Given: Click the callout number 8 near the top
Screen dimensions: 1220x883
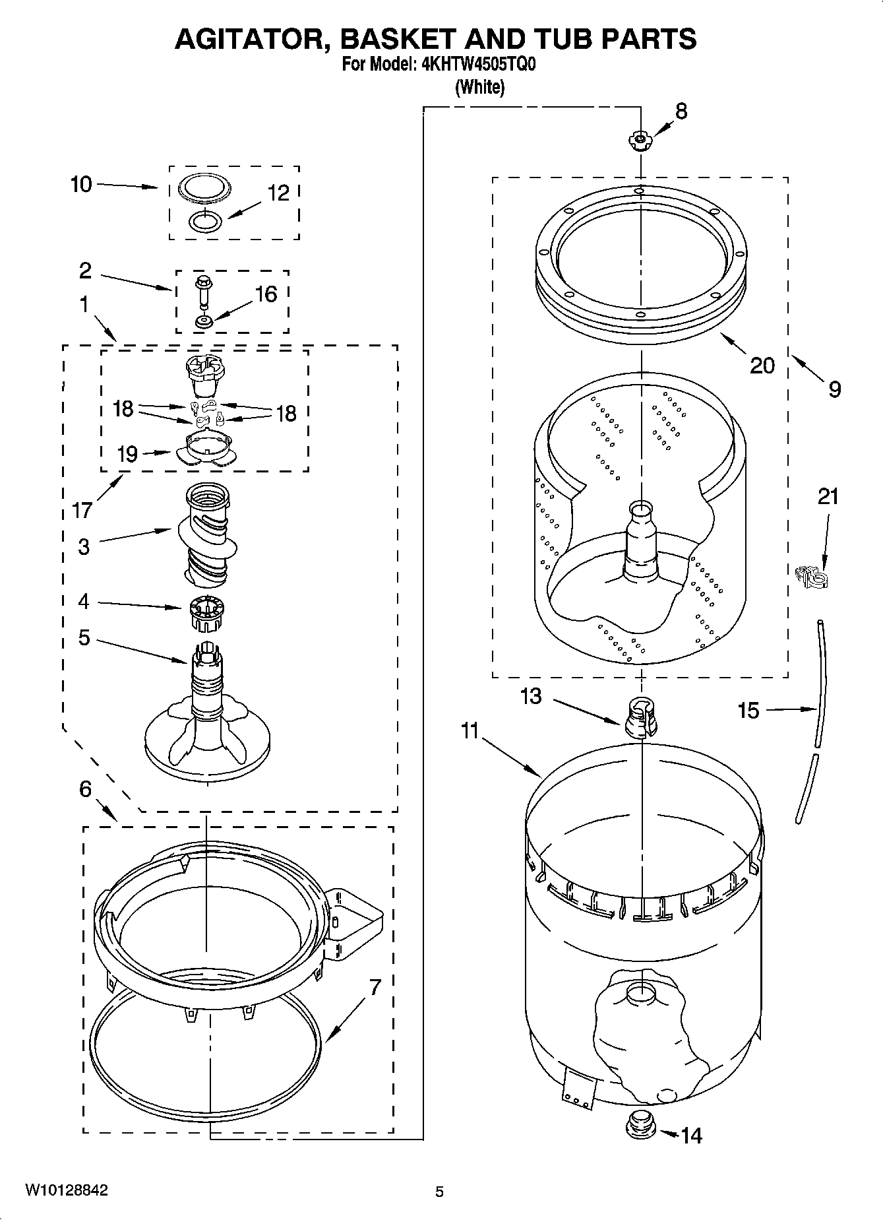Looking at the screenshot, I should pyautogui.click(x=681, y=111).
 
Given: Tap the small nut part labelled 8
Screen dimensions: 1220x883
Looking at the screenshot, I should pyautogui.click(x=638, y=140).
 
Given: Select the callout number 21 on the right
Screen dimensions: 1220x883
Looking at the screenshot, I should pyautogui.click(x=828, y=496).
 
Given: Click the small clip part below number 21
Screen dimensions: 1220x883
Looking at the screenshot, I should pyautogui.click(x=812, y=577).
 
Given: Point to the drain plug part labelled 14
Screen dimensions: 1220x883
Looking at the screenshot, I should pyautogui.click(x=638, y=1123).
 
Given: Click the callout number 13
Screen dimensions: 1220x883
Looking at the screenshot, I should pyautogui.click(x=531, y=696).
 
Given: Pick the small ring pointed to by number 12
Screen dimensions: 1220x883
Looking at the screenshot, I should pyautogui.click(x=205, y=222).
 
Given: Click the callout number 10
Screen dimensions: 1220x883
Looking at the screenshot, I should pyautogui.click(x=81, y=184).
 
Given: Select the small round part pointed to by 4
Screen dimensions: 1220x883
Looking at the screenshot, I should pyautogui.click(x=206, y=613).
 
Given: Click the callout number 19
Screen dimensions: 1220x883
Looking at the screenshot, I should pyautogui.click(x=127, y=454).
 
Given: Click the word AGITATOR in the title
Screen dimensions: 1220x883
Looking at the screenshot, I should pyautogui.click(x=252, y=39).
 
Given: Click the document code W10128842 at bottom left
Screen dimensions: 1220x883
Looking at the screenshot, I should pyautogui.click(x=66, y=1190).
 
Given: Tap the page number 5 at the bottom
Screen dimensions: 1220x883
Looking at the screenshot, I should pyautogui.click(x=439, y=1192).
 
